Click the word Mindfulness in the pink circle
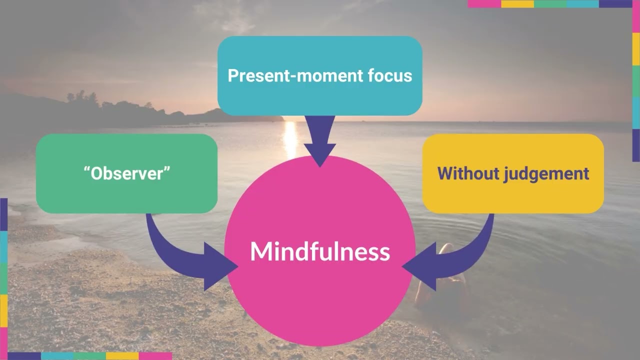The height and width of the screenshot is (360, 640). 320,251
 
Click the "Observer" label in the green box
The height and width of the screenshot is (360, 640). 127,173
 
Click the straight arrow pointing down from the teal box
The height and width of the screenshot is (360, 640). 319,140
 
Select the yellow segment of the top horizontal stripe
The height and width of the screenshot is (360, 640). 517,3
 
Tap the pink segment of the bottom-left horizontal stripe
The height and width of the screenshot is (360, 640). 155,356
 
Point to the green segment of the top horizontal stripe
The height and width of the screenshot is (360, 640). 550,3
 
